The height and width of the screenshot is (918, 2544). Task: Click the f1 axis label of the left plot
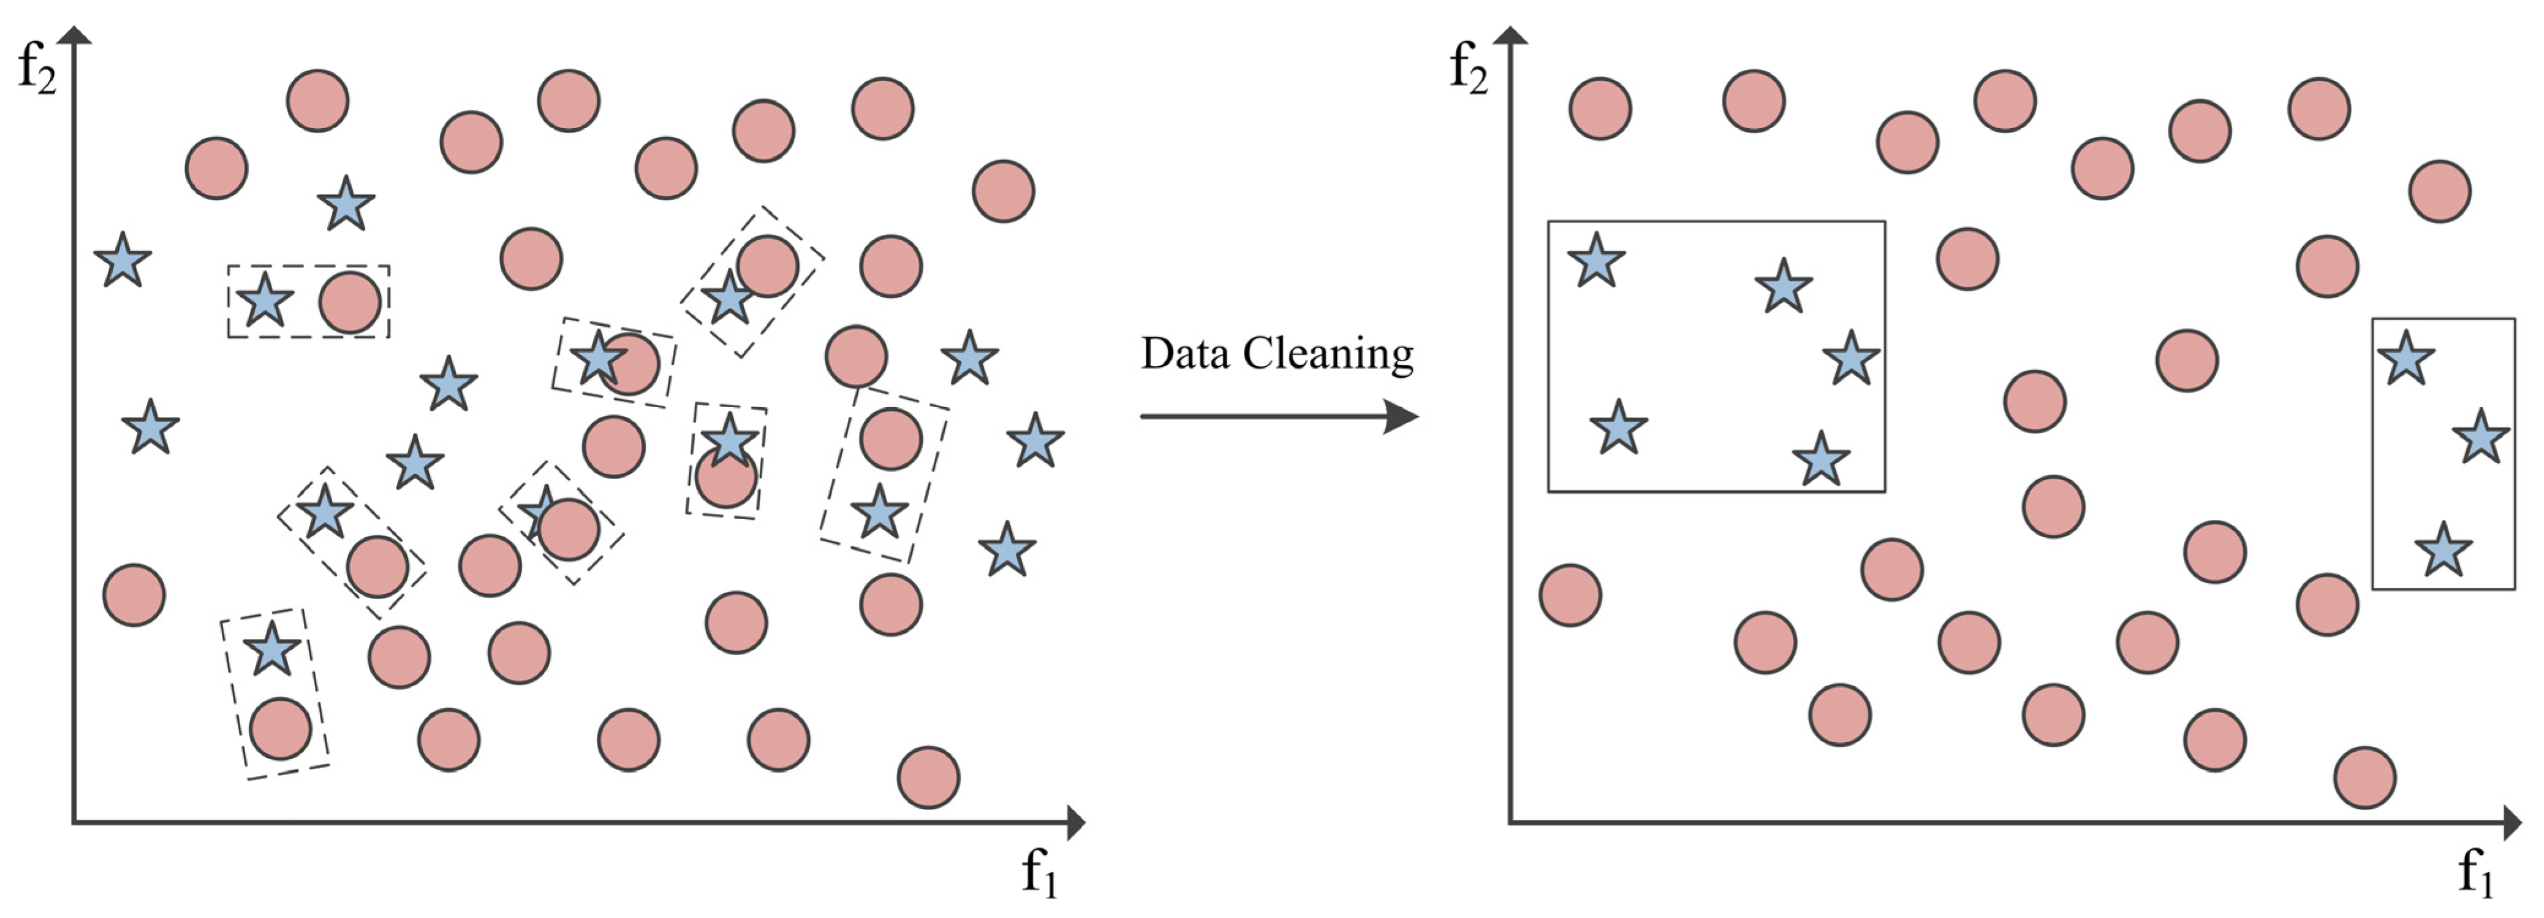pos(1039,873)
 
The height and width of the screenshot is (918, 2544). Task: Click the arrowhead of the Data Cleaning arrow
pos(1403,416)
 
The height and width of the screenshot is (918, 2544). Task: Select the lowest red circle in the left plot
pos(927,778)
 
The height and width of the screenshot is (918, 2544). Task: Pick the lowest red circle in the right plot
pos(2364,778)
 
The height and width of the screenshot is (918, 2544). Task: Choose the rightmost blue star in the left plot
pos(1035,441)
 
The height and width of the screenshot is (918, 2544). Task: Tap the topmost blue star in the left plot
pos(346,205)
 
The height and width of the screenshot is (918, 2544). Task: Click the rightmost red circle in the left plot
pos(1004,191)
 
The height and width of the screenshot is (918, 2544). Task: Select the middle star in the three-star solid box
pos(2480,438)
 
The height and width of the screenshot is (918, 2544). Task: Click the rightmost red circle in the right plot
pos(2439,191)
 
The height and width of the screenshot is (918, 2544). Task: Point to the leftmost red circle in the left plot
pos(134,595)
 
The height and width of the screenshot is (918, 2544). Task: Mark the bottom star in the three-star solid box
pos(2442,551)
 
